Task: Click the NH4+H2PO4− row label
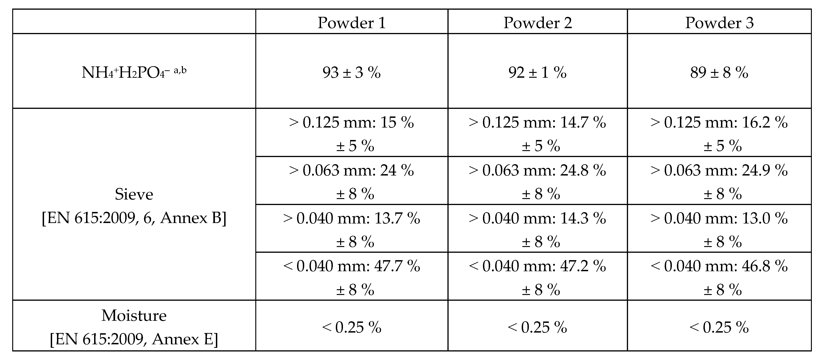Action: pyautogui.click(x=134, y=72)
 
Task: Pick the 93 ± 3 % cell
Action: pyautogui.click(x=352, y=72)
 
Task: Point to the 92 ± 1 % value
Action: pyautogui.click(x=537, y=72)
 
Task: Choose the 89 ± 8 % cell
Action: pyautogui.click(x=719, y=72)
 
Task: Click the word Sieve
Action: pyautogui.click(x=134, y=194)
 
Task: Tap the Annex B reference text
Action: pyautogui.click(x=134, y=218)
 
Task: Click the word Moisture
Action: pyautogui.click(x=134, y=316)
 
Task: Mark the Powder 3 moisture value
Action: pyautogui.click(x=719, y=327)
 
